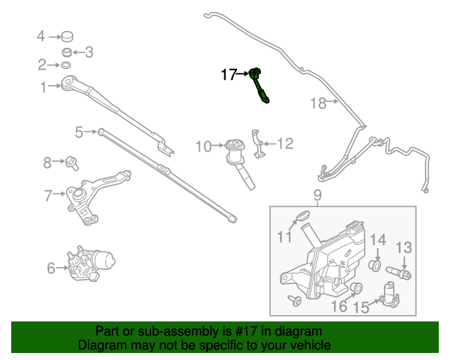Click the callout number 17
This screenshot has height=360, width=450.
pyautogui.click(x=229, y=74)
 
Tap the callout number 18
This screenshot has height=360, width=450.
pyautogui.click(x=319, y=103)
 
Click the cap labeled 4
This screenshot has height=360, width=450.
pyautogui.click(x=67, y=36)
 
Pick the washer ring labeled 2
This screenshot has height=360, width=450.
pyautogui.click(x=65, y=65)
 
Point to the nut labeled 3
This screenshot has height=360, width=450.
pyautogui.click(x=67, y=51)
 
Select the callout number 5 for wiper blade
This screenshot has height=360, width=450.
pyautogui.click(x=79, y=131)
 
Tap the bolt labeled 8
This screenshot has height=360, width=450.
pyautogui.click(x=72, y=164)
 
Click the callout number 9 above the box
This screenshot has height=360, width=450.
pyautogui.click(x=317, y=195)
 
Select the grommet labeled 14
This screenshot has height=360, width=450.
pyautogui.click(x=375, y=266)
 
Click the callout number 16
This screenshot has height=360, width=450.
pyautogui.click(x=339, y=306)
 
